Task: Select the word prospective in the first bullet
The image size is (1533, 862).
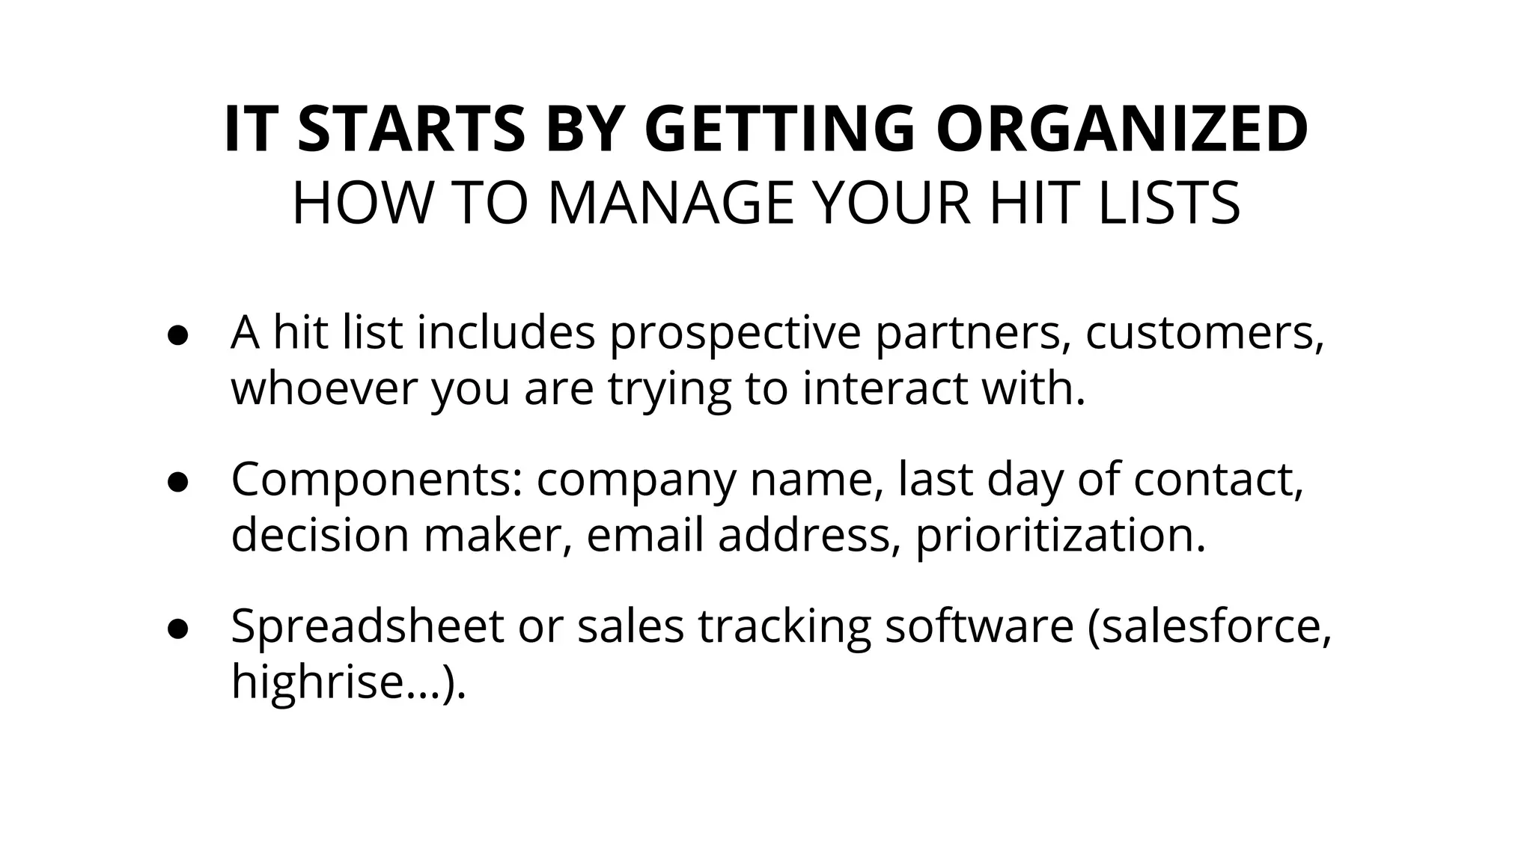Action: pyautogui.click(x=735, y=333)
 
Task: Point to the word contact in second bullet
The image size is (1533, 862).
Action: pyautogui.click(x=1218, y=479)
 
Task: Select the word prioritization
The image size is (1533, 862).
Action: pyautogui.click(x=1060, y=536)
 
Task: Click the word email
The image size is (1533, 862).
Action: pyautogui.click(x=644, y=536)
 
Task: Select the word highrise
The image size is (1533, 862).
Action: pyautogui.click(x=313, y=682)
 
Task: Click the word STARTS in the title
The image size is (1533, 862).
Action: pyautogui.click(x=411, y=129)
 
